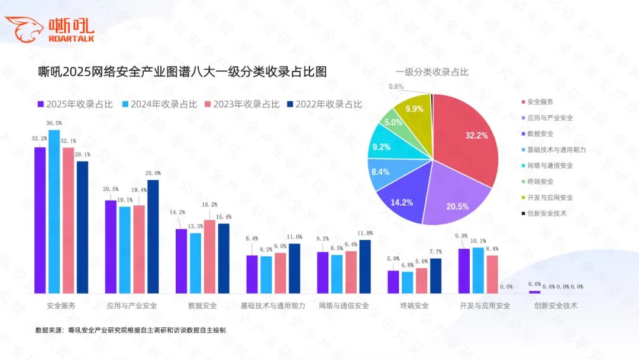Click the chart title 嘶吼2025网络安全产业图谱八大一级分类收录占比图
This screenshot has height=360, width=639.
tap(182, 72)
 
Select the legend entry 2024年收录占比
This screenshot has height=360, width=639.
tap(159, 104)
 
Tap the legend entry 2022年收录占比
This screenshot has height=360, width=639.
tap(324, 104)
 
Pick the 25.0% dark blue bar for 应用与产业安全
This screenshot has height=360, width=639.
tap(153, 236)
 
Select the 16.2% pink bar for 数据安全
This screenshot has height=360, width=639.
tap(210, 256)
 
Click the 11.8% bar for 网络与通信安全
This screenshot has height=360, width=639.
tap(365, 266)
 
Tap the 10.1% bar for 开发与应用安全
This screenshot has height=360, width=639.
tap(478, 270)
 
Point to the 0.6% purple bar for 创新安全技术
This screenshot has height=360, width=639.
tap(534, 292)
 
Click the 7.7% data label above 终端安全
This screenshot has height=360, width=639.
tap(435, 252)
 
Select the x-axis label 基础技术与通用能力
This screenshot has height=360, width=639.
tap(273, 306)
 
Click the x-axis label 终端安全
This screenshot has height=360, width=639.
tap(414, 306)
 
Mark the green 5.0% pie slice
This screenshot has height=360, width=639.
tap(393, 123)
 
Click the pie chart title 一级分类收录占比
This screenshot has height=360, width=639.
tap(432, 72)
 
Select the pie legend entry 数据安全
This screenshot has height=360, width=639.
tap(540, 134)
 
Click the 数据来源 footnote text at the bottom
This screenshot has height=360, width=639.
tap(130, 330)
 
